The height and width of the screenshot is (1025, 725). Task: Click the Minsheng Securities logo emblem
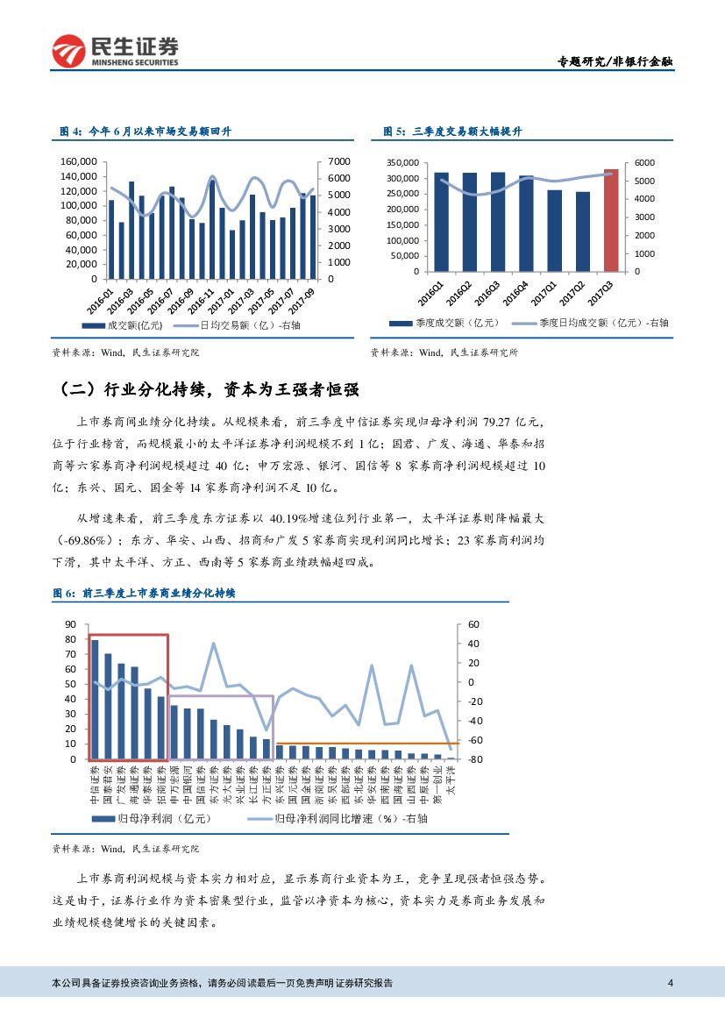tap(69, 52)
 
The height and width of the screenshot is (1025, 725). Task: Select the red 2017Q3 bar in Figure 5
tap(611, 219)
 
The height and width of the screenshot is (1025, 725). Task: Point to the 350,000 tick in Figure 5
tap(403, 163)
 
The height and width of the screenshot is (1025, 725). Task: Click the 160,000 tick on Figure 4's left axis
tap(78, 161)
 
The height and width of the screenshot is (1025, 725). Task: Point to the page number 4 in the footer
tap(670, 983)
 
